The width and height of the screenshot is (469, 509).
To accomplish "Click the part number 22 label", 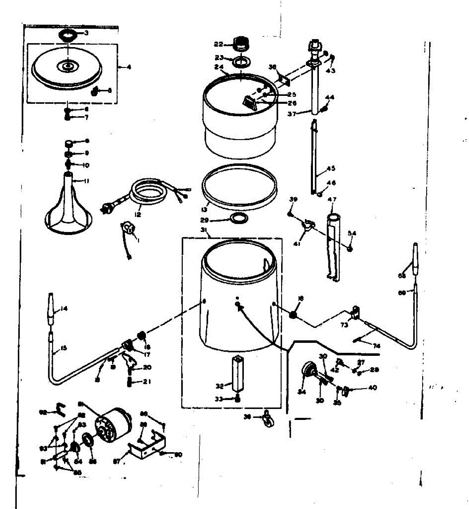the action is coord(218,44).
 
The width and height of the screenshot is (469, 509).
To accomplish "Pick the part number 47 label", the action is coord(332,199).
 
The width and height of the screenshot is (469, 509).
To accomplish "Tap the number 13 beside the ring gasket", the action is coord(204,209).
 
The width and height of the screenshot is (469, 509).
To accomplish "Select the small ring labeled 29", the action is coord(239,218).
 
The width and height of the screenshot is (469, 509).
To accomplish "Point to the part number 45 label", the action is coord(331,168).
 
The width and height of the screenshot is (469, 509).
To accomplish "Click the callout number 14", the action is coord(64,309).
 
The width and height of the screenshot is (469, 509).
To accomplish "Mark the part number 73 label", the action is coord(344,325).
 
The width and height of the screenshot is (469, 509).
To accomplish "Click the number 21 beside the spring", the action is coord(147,382).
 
